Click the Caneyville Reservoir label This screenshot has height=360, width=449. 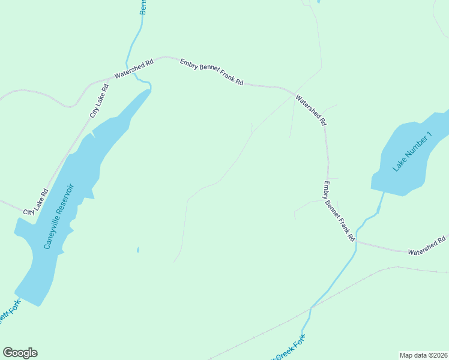pyautogui.click(x=58, y=216)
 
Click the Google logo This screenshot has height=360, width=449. pyautogui.click(x=20, y=353)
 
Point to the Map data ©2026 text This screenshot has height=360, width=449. pyautogui.click(x=423, y=355)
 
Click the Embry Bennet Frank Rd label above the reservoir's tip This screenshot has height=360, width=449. pyautogui.click(x=212, y=71)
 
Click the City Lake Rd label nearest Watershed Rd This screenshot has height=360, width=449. pyautogui.click(x=99, y=100)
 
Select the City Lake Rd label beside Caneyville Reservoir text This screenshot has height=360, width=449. pyautogui.click(x=36, y=202)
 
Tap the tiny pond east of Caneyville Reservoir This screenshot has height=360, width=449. pyautogui.click(x=138, y=250)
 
